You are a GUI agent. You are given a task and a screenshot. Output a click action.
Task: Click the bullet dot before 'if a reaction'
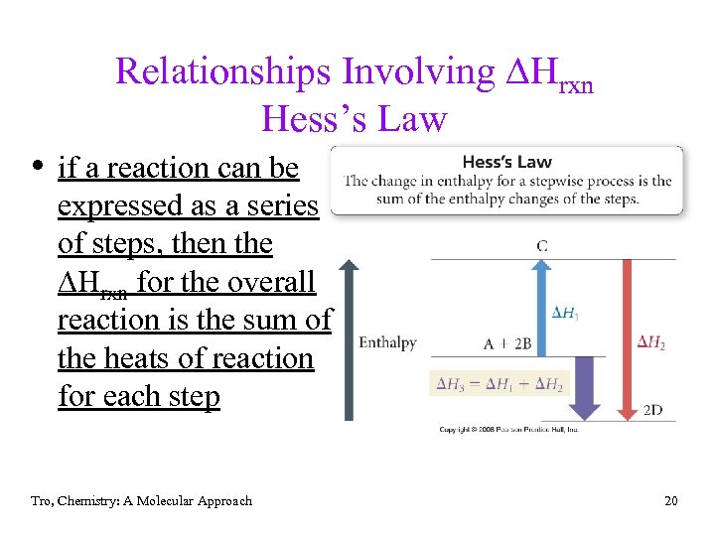point(36,167)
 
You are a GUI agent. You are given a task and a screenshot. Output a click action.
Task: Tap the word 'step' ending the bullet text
point(194,396)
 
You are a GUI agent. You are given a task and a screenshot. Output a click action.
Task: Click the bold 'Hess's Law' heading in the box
point(506,162)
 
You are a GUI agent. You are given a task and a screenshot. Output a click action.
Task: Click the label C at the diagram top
point(542,244)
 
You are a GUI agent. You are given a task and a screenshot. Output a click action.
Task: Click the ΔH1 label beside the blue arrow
point(565,314)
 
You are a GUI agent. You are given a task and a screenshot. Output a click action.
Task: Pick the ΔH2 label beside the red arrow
point(650,342)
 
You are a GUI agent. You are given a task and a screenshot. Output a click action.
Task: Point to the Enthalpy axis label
point(387,342)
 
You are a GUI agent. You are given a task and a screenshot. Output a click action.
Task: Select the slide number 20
point(671,501)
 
